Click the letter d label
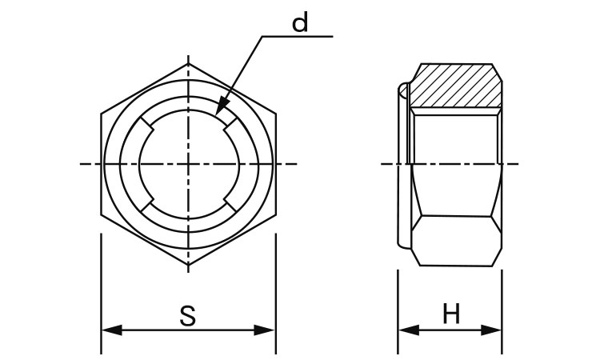coord(300,22)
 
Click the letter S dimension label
coord(187,315)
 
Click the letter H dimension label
coord(451,314)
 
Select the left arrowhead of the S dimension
coord(111,330)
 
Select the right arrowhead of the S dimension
coord(265,330)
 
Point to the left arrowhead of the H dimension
coord(408,330)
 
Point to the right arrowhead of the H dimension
coord(491,330)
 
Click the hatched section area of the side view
coord(455,85)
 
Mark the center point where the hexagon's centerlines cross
coord(188,164)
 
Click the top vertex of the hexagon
coord(188,64)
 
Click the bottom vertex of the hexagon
coord(188,265)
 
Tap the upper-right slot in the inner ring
coord(230,123)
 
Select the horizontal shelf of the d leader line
coord(298,36)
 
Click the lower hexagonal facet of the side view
coord(456,241)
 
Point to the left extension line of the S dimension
coord(102,294)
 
